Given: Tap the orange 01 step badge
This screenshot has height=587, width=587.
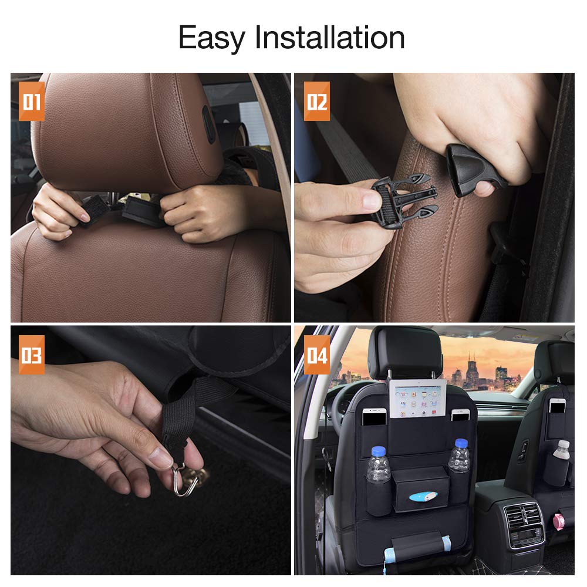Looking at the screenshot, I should [x=32, y=102].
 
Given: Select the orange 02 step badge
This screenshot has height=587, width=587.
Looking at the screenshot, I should [x=316, y=102].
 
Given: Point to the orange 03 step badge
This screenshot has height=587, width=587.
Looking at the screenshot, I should [x=32, y=355].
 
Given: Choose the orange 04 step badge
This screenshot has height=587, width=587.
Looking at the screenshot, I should [x=316, y=355].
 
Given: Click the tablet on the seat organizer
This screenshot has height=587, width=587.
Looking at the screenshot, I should [x=417, y=399].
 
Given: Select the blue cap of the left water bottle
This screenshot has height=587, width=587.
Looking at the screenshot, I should [x=378, y=451].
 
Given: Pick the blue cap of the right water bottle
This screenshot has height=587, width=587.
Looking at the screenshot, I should [x=461, y=444].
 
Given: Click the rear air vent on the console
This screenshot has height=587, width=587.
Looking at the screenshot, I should [x=524, y=516].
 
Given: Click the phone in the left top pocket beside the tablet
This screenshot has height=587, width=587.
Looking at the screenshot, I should [x=373, y=417].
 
